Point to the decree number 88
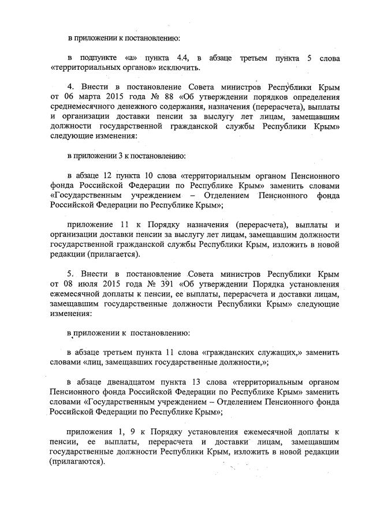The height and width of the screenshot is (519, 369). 169,96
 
